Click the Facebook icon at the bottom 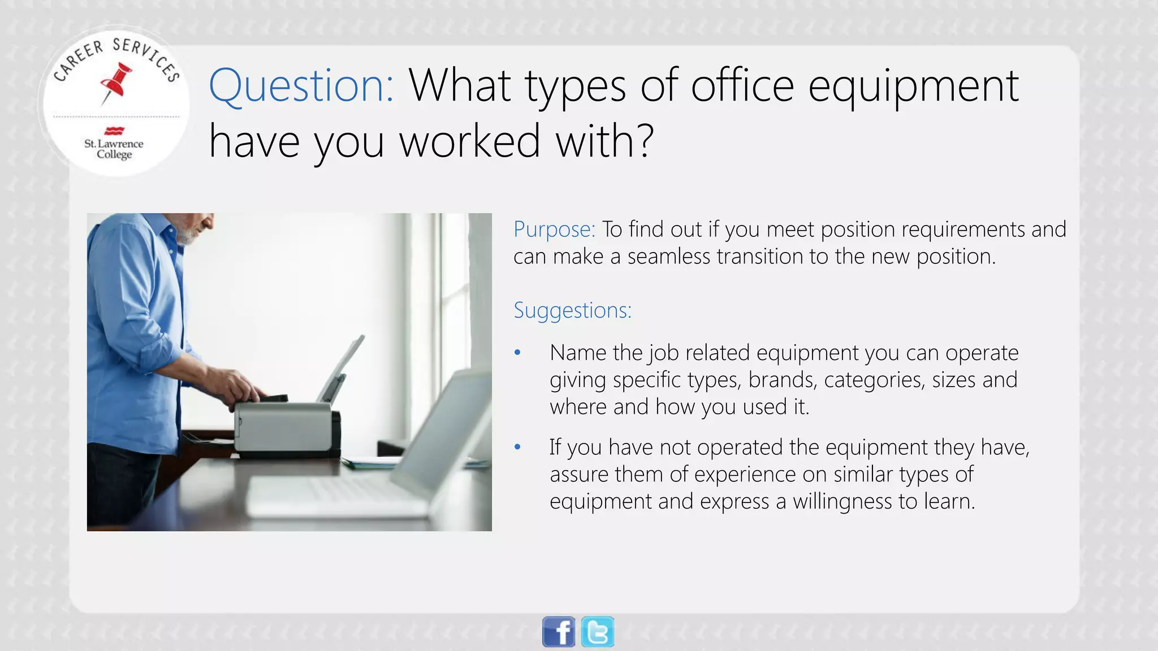pyautogui.click(x=558, y=631)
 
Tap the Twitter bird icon pyautogui.click(x=598, y=631)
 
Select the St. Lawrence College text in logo pyautogui.click(x=114, y=149)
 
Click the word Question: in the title pyautogui.click(x=301, y=85)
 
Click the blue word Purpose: pyautogui.click(x=554, y=229)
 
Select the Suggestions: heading pyautogui.click(x=572, y=310)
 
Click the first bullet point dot pyautogui.click(x=517, y=353)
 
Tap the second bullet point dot pyautogui.click(x=517, y=448)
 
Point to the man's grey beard pyautogui.click(x=187, y=232)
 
